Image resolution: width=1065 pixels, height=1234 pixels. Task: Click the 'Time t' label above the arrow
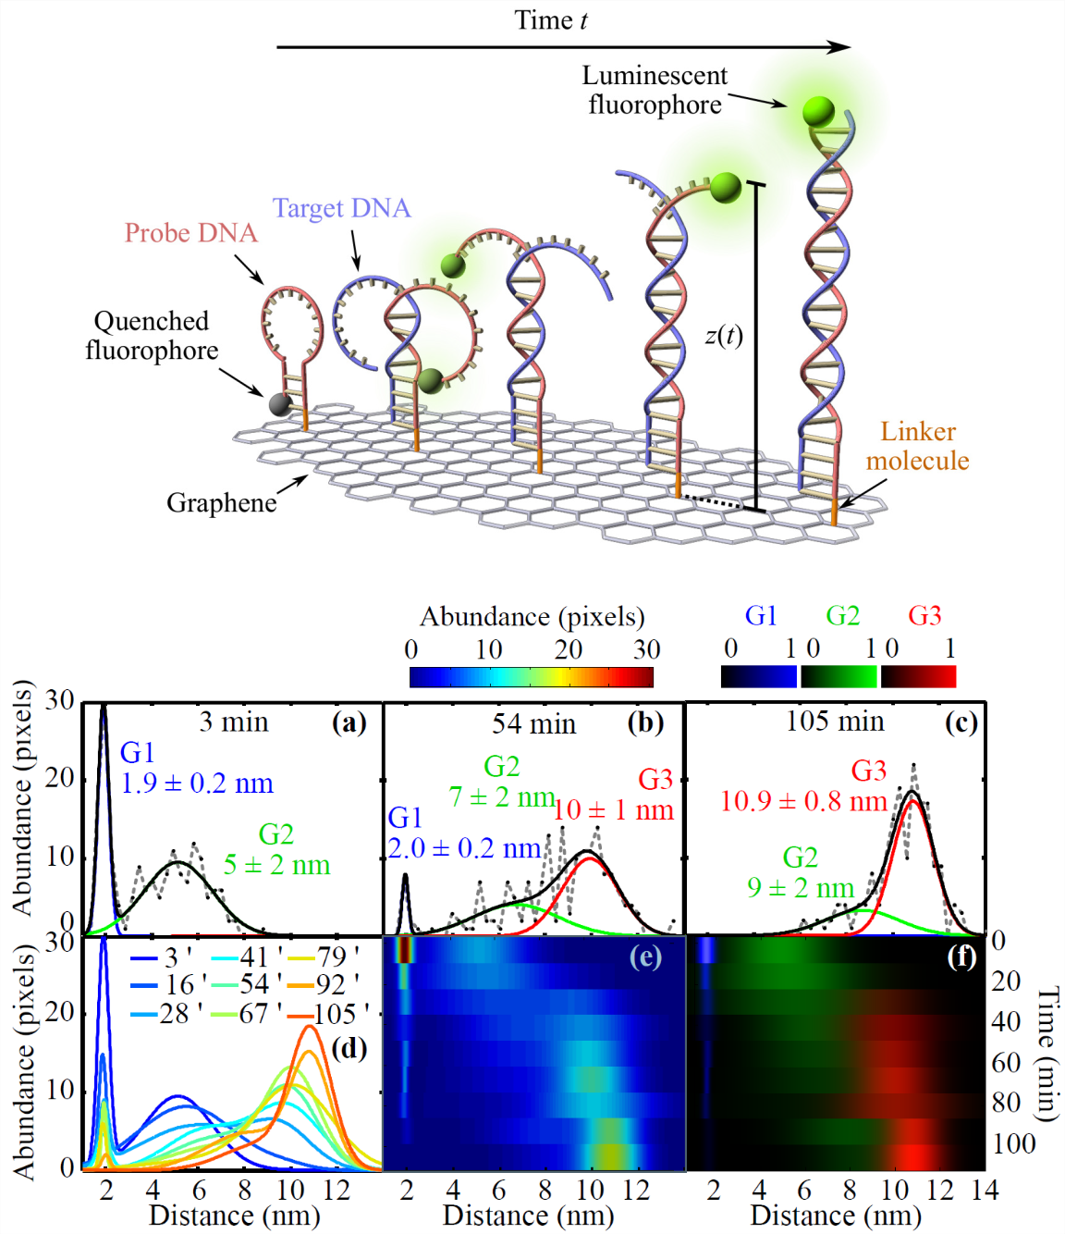pyautogui.click(x=551, y=20)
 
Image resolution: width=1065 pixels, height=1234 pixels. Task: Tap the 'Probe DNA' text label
pyautogui.click(x=190, y=233)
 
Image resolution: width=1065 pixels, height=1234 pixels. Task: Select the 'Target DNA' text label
pyautogui.click(x=341, y=209)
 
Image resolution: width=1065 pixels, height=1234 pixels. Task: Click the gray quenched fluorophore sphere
pyautogui.click(x=279, y=404)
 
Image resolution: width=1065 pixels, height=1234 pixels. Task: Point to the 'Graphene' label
pyautogui.click(x=221, y=502)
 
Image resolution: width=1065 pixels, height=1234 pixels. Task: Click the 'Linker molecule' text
pyautogui.click(x=917, y=446)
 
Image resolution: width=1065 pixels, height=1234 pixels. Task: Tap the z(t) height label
pyautogui.click(x=724, y=335)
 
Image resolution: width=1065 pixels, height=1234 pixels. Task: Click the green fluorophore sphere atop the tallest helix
pyautogui.click(x=818, y=111)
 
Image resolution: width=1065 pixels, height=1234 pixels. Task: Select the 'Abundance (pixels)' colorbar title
pyautogui.click(x=532, y=617)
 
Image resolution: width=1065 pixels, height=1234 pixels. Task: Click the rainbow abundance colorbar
pyautogui.click(x=531, y=677)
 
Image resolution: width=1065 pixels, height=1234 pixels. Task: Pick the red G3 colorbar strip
pyautogui.click(x=918, y=677)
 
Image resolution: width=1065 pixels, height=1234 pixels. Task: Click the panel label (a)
pyautogui.click(x=349, y=722)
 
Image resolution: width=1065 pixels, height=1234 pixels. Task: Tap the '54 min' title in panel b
pyautogui.click(x=533, y=724)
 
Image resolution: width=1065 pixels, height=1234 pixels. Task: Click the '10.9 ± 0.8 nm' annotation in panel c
pyautogui.click(x=802, y=801)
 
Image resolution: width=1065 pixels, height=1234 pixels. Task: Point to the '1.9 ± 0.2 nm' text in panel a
pyautogui.click(x=197, y=784)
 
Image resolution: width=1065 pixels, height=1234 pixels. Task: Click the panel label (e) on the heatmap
pyautogui.click(x=645, y=956)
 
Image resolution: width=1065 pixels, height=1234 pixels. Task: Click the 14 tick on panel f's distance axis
pyautogui.click(x=985, y=1191)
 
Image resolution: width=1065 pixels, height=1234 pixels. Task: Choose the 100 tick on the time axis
pyautogui.click(x=1013, y=1144)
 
